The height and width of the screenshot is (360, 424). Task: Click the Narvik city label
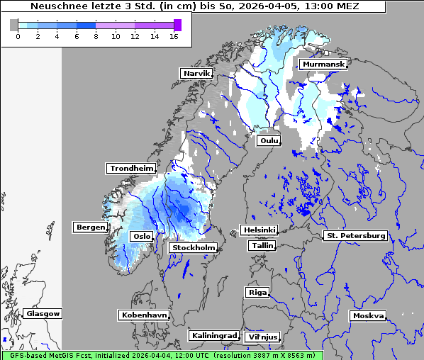pos(196,73)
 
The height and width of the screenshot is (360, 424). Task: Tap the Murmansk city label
pos(323,64)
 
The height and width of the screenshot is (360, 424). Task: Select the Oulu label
pos(269,140)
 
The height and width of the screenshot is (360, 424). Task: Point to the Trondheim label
pos(131,168)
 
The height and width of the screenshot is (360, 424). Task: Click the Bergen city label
pos(89,227)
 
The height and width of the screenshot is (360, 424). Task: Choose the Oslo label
pos(142,236)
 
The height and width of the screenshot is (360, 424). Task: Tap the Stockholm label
pos(194,247)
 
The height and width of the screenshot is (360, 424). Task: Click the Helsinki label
pos(259,230)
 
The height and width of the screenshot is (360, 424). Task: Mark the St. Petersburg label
pos(355,235)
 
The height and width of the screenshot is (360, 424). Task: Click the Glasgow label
pos(43,313)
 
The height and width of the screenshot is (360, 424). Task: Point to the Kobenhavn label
pos(144,314)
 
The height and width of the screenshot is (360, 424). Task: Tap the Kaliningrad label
pos(213,335)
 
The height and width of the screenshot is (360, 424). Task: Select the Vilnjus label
pos(262,337)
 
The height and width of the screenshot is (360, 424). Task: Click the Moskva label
pos(368,315)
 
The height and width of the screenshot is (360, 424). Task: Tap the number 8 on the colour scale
pos(96,37)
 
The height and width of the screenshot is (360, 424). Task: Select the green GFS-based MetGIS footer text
pos(162,355)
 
